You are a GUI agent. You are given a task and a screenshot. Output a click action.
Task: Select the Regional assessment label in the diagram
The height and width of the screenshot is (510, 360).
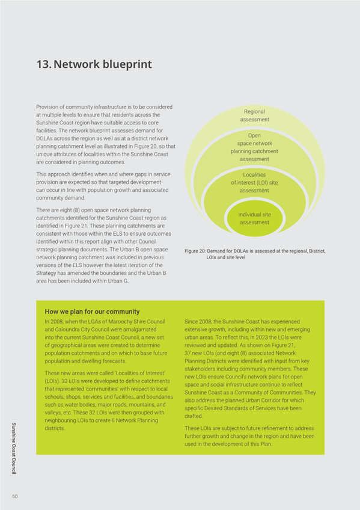254,115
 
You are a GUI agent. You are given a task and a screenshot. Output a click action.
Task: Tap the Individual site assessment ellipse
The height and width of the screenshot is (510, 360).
254,218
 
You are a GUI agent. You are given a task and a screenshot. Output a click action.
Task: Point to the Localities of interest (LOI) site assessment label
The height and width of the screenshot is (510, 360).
254,182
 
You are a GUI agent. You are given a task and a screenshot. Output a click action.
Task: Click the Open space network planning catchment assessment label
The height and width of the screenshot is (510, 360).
254,147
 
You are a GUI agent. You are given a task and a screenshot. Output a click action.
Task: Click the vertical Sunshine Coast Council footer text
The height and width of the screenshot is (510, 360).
13,448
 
